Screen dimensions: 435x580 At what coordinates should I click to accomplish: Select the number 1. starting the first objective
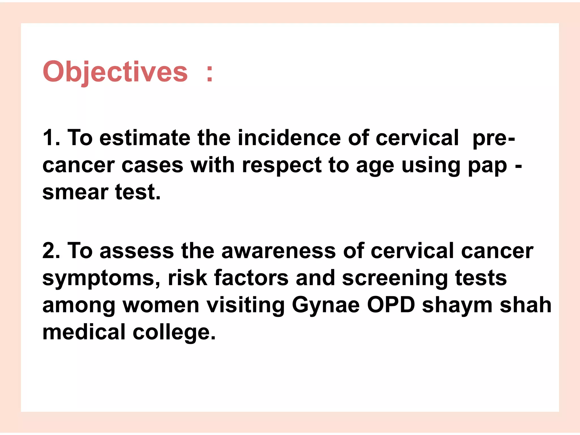[x=51, y=138]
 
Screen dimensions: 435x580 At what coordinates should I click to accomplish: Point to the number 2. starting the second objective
[x=51, y=251]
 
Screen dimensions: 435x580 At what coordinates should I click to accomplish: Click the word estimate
[x=145, y=138]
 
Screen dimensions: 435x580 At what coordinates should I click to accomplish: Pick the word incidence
[x=289, y=138]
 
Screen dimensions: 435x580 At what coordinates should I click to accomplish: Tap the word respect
[x=282, y=165]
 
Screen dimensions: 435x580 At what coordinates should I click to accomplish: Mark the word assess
[x=137, y=251]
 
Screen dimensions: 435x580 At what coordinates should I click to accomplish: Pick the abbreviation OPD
[x=391, y=305]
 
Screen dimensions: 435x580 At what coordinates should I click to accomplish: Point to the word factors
[x=251, y=278]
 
